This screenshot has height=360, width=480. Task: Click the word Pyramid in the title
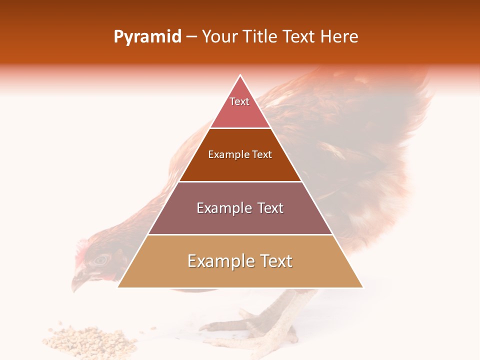click(x=147, y=36)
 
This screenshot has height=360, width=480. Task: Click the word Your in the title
click(x=220, y=36)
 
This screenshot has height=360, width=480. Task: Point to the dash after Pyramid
click(x=191, y=37)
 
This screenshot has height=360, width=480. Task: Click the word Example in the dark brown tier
click(x=229, y=155)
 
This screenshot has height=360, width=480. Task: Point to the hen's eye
click(x=101, y=259)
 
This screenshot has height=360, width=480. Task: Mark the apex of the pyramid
click(x=240, y=75)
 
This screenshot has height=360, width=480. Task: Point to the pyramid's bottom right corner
click(x=362, y=287)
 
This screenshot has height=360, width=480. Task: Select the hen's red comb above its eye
click(x=80, y=250)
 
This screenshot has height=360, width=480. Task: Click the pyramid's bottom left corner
click(x=118, y=287)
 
